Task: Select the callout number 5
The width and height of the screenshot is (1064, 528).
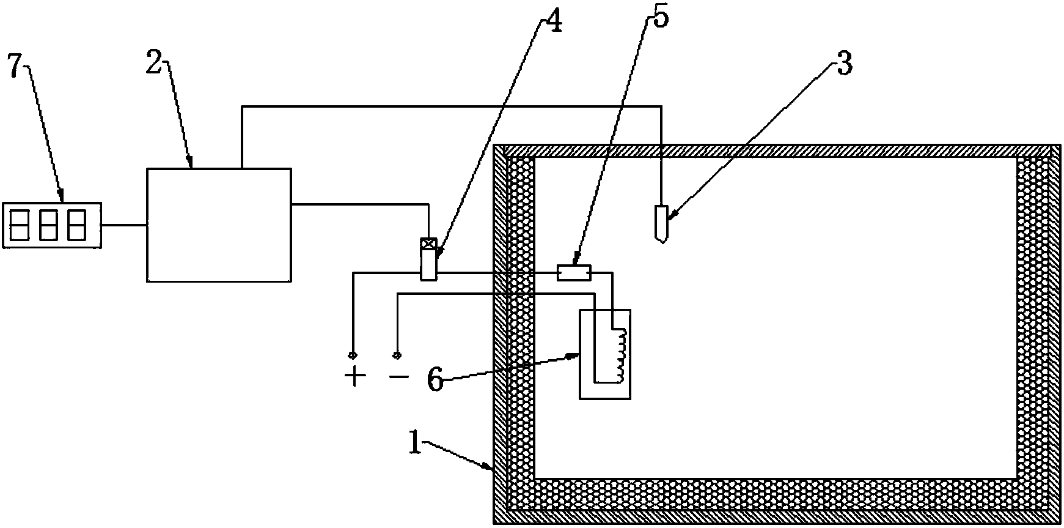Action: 660,17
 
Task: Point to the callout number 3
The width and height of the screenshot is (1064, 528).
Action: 843,64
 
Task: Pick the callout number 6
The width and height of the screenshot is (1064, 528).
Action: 435,380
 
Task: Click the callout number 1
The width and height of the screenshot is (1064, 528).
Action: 416,443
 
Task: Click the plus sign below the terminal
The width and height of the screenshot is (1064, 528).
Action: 354,376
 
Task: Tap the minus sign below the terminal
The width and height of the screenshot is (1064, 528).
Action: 398,376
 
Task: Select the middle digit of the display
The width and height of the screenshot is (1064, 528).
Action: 49,225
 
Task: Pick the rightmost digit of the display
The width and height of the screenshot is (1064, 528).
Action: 77,225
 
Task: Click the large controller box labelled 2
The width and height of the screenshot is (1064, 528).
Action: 218,225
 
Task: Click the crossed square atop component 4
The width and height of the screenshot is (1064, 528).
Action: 430,244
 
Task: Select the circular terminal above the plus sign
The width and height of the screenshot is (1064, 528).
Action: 353,355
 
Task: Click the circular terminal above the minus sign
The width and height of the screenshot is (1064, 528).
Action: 397,355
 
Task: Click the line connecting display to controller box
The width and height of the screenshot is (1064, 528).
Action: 124,225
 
